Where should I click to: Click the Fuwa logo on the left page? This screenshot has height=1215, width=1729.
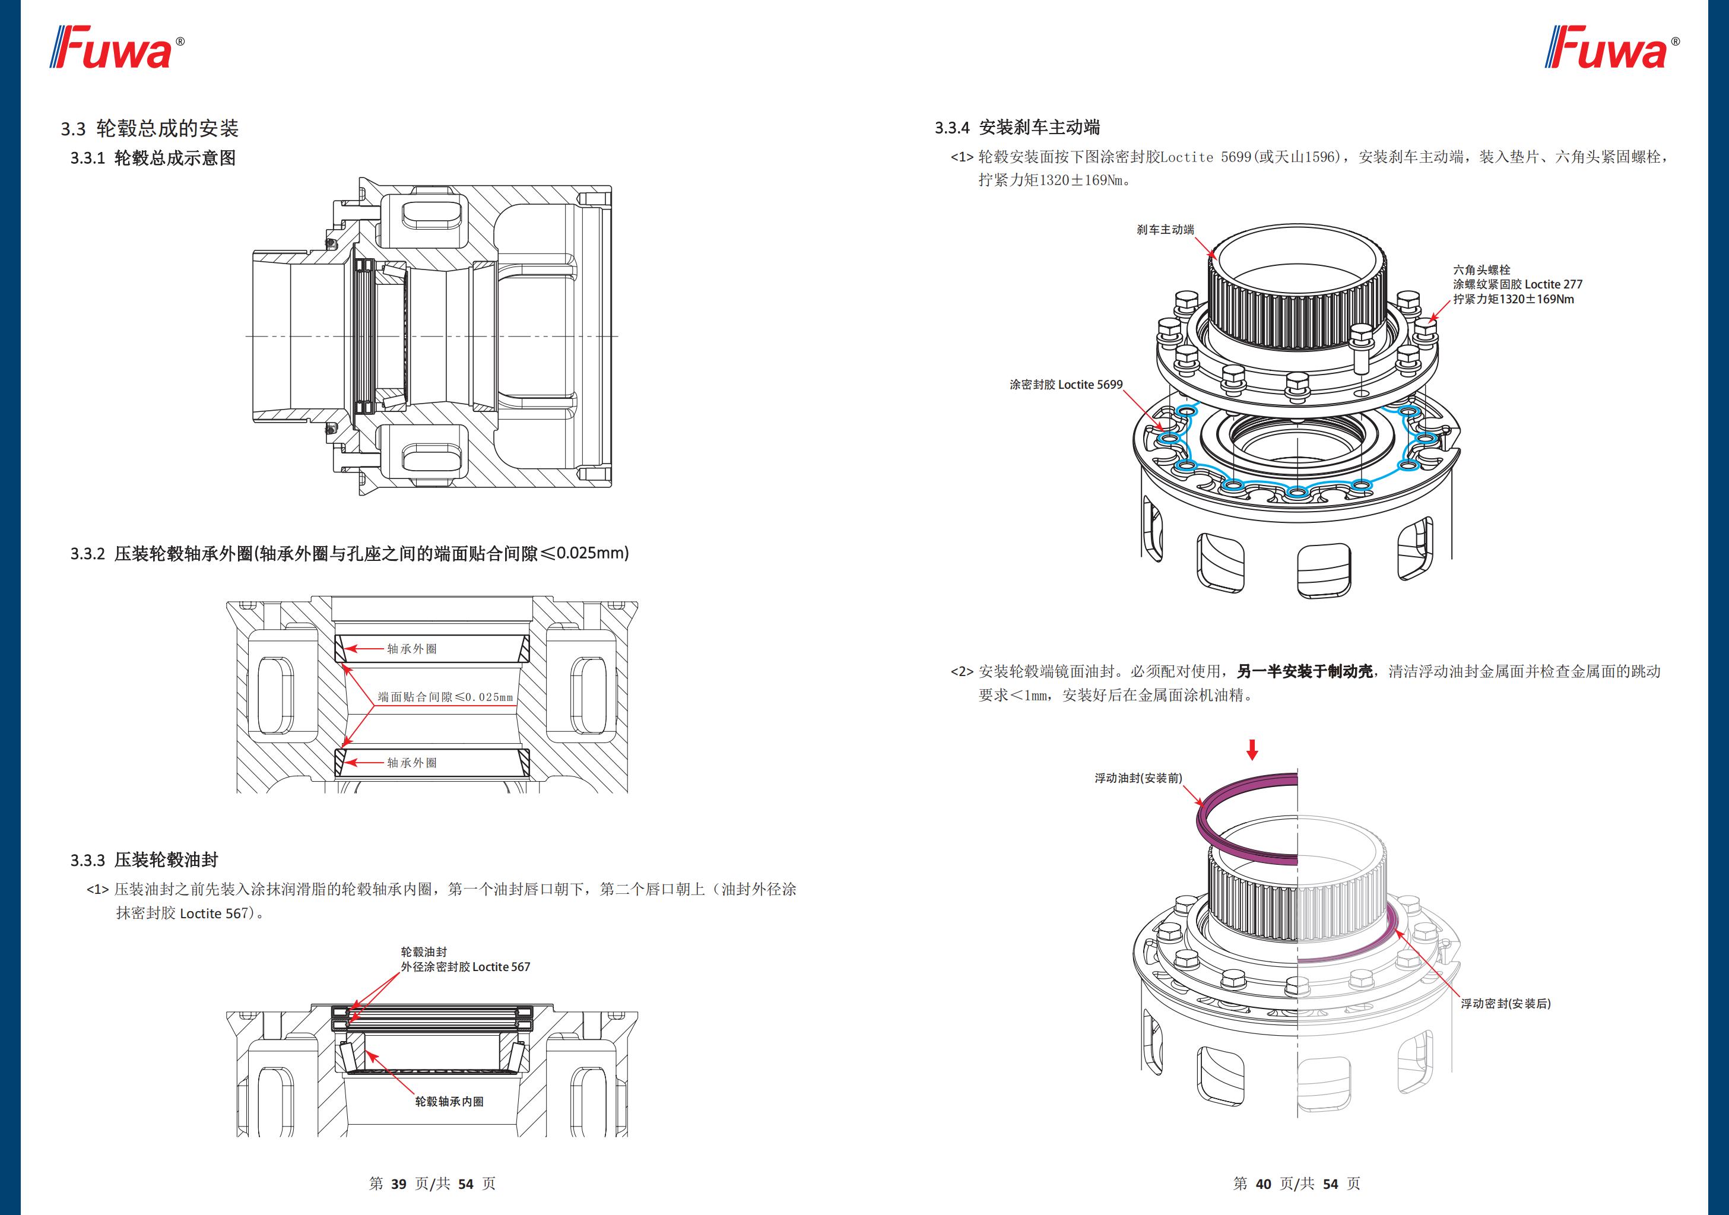[x=117, y=48]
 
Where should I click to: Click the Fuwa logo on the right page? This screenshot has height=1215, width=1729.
[x=1611, y=48]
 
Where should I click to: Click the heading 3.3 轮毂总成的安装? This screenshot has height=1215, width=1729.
[x=149, y=129]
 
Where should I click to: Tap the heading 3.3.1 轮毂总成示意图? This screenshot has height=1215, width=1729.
[x=153, y=158]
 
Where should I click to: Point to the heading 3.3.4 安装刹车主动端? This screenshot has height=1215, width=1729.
[x=1017, y=127]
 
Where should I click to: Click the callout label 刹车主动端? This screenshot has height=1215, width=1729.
[x=1165, y=230]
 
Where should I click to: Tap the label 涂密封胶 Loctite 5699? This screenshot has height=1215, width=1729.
[x=1065, y=385]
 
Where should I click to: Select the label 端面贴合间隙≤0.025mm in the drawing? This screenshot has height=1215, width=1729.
[x=445, y=697]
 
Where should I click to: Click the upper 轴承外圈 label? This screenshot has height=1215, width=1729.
[x=412, y=649]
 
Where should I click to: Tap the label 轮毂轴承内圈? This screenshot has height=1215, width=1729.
[x=449, y=1101]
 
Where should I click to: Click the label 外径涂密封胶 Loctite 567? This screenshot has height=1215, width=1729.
[x=465, y=966]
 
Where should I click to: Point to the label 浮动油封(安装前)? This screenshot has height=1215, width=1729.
[x=1138, y=778]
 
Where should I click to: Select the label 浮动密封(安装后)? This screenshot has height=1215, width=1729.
[x=1506, y=1003]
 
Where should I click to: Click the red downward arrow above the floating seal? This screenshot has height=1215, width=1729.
[x=1252, y=750]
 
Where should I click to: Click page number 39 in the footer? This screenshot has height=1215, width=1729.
[x=398, y=1184]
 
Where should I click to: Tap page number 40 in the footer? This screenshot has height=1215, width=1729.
[x=1263, y=1184]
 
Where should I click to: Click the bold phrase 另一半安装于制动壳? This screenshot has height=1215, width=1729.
[x=1304, y=671]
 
